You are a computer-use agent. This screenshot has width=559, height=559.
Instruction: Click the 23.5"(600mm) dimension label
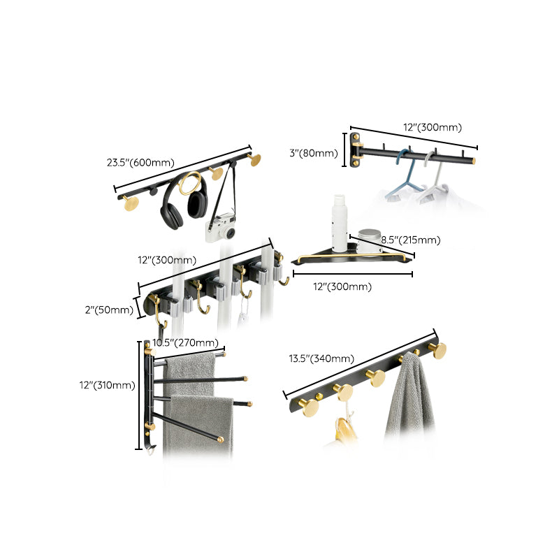[140, 163]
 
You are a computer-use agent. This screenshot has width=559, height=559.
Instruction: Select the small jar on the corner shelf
[370, 240]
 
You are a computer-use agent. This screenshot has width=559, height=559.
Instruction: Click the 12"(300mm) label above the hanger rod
[433, 127]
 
